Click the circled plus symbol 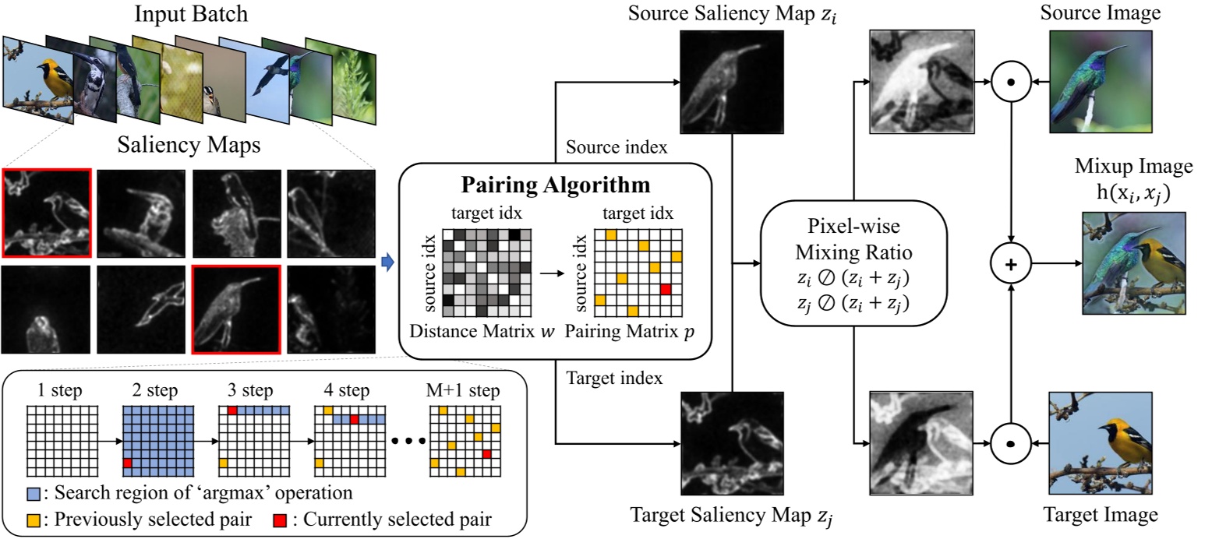[x=1012, y=264]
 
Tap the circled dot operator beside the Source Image [x=1012, y=81]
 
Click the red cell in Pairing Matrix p [x=665, y=290]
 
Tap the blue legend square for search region [x=33, y=493]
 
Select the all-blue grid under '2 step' [x=158, y=441]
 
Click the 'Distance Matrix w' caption [x=479, y=329]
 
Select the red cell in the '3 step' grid [x=231, y=410]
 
